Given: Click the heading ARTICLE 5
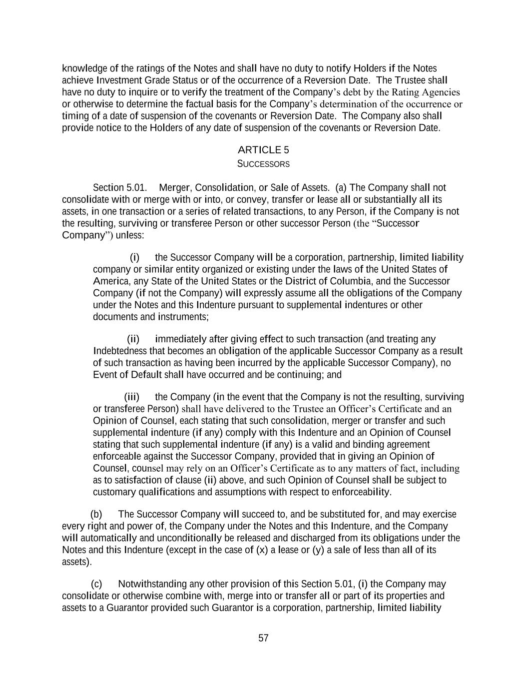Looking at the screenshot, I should click(x=263, y=150).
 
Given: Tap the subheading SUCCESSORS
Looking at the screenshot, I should click(x=263, y=164).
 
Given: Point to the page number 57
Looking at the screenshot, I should click(x=263, y=638).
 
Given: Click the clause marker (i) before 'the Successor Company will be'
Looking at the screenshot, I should click(x=134, y=258).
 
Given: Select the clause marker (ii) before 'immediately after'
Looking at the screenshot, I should click(x=133, y=339).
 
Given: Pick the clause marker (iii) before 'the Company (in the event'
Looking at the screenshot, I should click(x=131, y=397).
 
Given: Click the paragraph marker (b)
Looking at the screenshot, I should click(x=96, y=515).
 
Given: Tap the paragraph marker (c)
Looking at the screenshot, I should click(x=96, y=584).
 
